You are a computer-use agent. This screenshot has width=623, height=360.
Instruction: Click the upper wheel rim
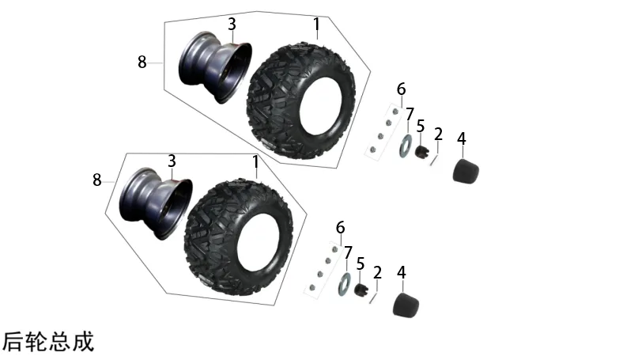click(215, 67)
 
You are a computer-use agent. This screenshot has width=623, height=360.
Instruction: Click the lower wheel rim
click(156, 203)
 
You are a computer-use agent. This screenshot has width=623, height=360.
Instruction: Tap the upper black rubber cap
click(466, 171)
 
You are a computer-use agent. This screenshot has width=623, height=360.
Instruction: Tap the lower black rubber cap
click(406, 305)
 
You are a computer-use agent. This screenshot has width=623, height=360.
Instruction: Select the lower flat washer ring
click(345, 284)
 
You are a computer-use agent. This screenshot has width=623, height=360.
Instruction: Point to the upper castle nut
click(422, 152)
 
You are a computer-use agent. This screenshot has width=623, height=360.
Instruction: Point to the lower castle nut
click(361, 290)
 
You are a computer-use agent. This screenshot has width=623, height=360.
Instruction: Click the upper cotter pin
click(434, 161)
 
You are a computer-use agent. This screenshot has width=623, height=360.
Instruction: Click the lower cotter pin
click(373, 298)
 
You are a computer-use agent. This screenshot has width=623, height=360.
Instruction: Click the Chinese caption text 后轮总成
click(48, 341)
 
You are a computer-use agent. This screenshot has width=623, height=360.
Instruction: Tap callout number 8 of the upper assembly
click(142, 62)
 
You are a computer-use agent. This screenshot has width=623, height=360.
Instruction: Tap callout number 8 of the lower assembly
click(97, 180)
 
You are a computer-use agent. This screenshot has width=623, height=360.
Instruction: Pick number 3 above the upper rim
click(232, 25)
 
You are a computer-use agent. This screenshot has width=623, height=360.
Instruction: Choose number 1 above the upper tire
click(316, 25)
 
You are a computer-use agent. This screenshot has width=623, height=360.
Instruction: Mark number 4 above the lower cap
click(402, 272)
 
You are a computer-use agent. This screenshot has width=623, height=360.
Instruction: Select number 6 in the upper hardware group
click(402, 89)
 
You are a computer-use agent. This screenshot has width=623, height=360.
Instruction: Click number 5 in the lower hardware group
click(360, 263)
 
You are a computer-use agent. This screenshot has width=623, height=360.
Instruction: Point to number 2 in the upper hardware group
click(438, 134)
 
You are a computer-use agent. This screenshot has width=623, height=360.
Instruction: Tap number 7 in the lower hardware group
click(348, 252)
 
